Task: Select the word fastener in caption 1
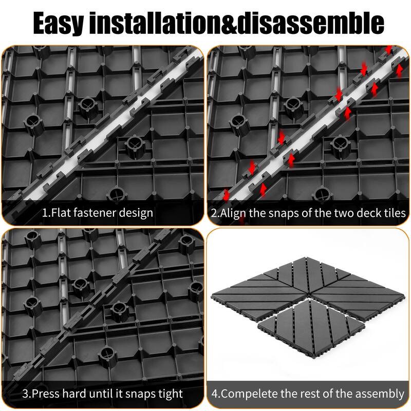(x=97, y=213)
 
